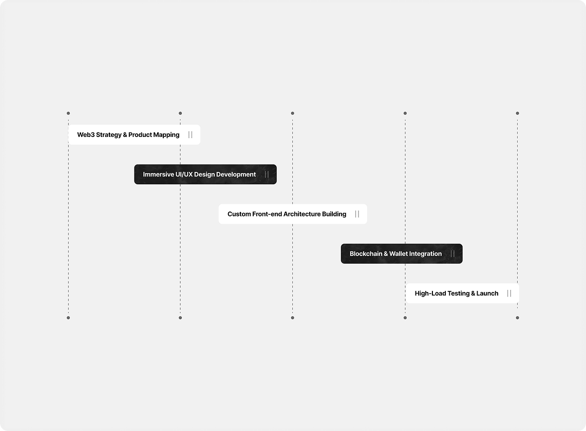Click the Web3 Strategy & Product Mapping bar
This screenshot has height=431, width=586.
tap(134, 134)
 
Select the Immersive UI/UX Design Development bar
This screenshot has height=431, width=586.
tap(205, 174)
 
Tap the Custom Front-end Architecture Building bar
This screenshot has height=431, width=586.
tap(293, 214)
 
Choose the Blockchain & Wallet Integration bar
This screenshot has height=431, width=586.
tap(402, 253)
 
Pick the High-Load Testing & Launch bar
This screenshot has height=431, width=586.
tap(462, 293)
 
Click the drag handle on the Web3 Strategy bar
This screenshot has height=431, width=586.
tap(190, 135)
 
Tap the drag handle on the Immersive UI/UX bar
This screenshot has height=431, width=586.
tap(267, 174)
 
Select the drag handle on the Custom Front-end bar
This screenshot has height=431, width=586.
tap(357, 214)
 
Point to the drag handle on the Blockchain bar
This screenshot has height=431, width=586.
tap(452, 253)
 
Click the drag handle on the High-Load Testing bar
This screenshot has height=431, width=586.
tap(509, 293)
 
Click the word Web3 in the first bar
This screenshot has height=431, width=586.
tap(86, 135)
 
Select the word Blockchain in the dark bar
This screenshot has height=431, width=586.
tap(366, 253)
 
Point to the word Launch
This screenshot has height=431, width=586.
tap(487, 293)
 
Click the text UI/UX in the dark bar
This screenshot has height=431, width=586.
tap(184, 174)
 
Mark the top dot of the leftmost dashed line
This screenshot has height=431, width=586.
tap(68, 113)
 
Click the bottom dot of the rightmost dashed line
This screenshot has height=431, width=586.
tap(518, 318)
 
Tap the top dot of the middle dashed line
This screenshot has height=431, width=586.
tap(293, 113)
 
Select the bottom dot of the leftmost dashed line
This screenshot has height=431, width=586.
tap(68, 318)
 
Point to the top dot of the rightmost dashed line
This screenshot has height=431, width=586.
tap(518, 113)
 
